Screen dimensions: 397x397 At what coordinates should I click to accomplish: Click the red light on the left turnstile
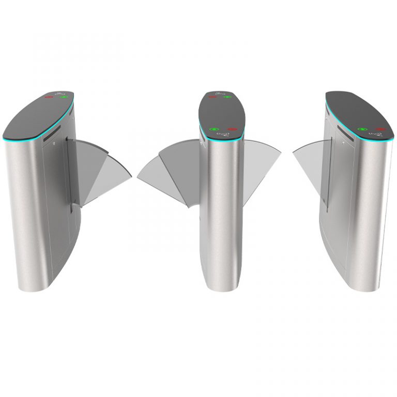(49, 97)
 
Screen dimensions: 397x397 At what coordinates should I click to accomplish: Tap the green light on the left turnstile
(64, 97)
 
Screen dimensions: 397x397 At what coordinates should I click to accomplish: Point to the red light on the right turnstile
(381, 129)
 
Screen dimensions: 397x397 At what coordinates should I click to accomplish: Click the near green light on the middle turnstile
(213, 129)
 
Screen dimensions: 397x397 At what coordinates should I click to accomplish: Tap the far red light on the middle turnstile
(212, 97)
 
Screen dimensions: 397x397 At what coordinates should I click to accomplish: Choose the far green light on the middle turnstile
(227, 97)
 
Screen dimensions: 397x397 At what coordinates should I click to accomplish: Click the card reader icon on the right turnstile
(373, 136)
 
